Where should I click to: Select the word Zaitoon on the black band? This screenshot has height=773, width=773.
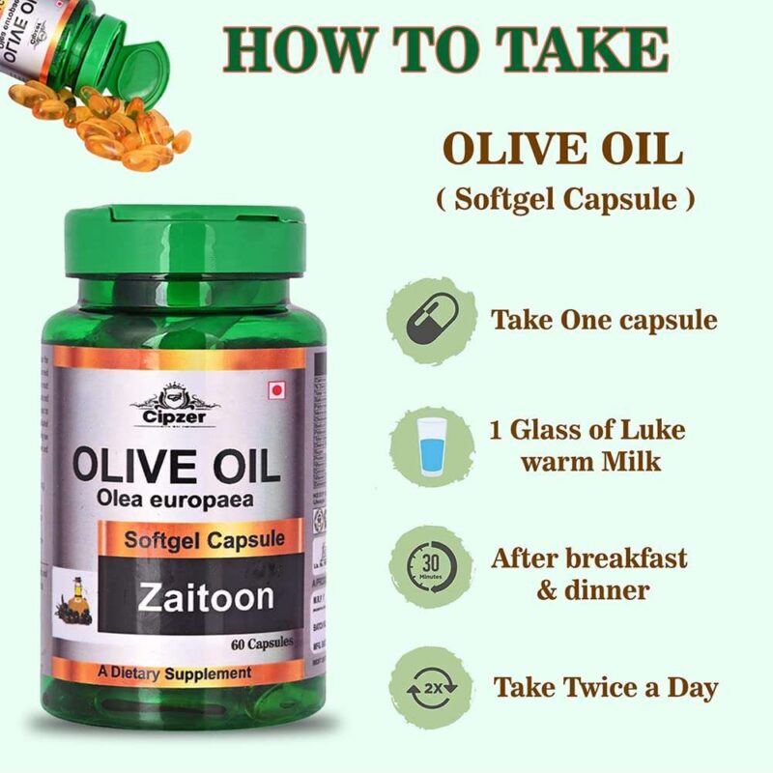[x=205, y=596]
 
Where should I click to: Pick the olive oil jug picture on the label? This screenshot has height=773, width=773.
[x=74, y=592]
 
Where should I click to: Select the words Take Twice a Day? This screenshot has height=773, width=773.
[x=606, y=688]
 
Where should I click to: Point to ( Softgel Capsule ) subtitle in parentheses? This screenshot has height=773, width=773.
[x=564, y=199]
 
